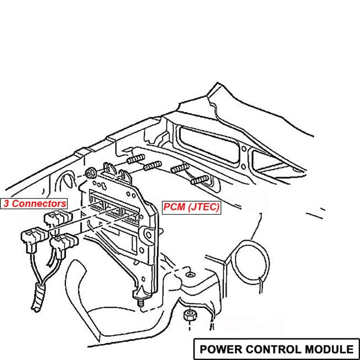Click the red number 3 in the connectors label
[6, 204]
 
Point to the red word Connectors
[39, 204]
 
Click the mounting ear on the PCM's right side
[148, 234]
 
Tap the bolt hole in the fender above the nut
[189, 275]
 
